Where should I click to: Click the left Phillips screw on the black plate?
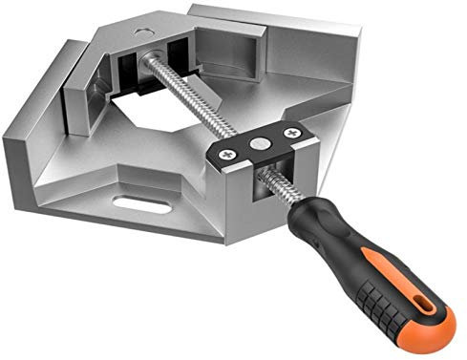[227, 150]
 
